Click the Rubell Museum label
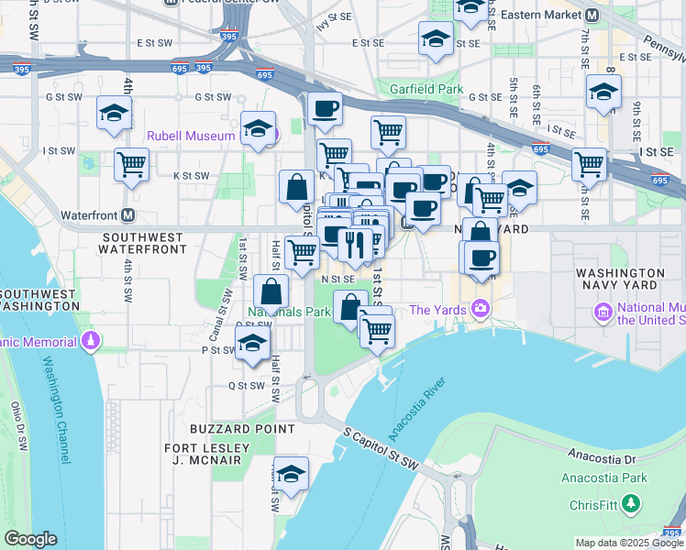[x=193, y=136]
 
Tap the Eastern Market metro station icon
[x=592, y=16]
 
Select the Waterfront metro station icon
[x=128, y=214]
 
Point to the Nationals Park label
[x=292, y=312]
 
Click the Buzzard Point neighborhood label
[x=242, y=428]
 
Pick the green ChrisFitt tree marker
[x=630, y=503]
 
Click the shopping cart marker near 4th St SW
[x=132, y=166]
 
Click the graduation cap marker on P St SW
[x=252, y=345]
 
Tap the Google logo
[x=30, y=539]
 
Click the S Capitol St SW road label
[x=382, y=448]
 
